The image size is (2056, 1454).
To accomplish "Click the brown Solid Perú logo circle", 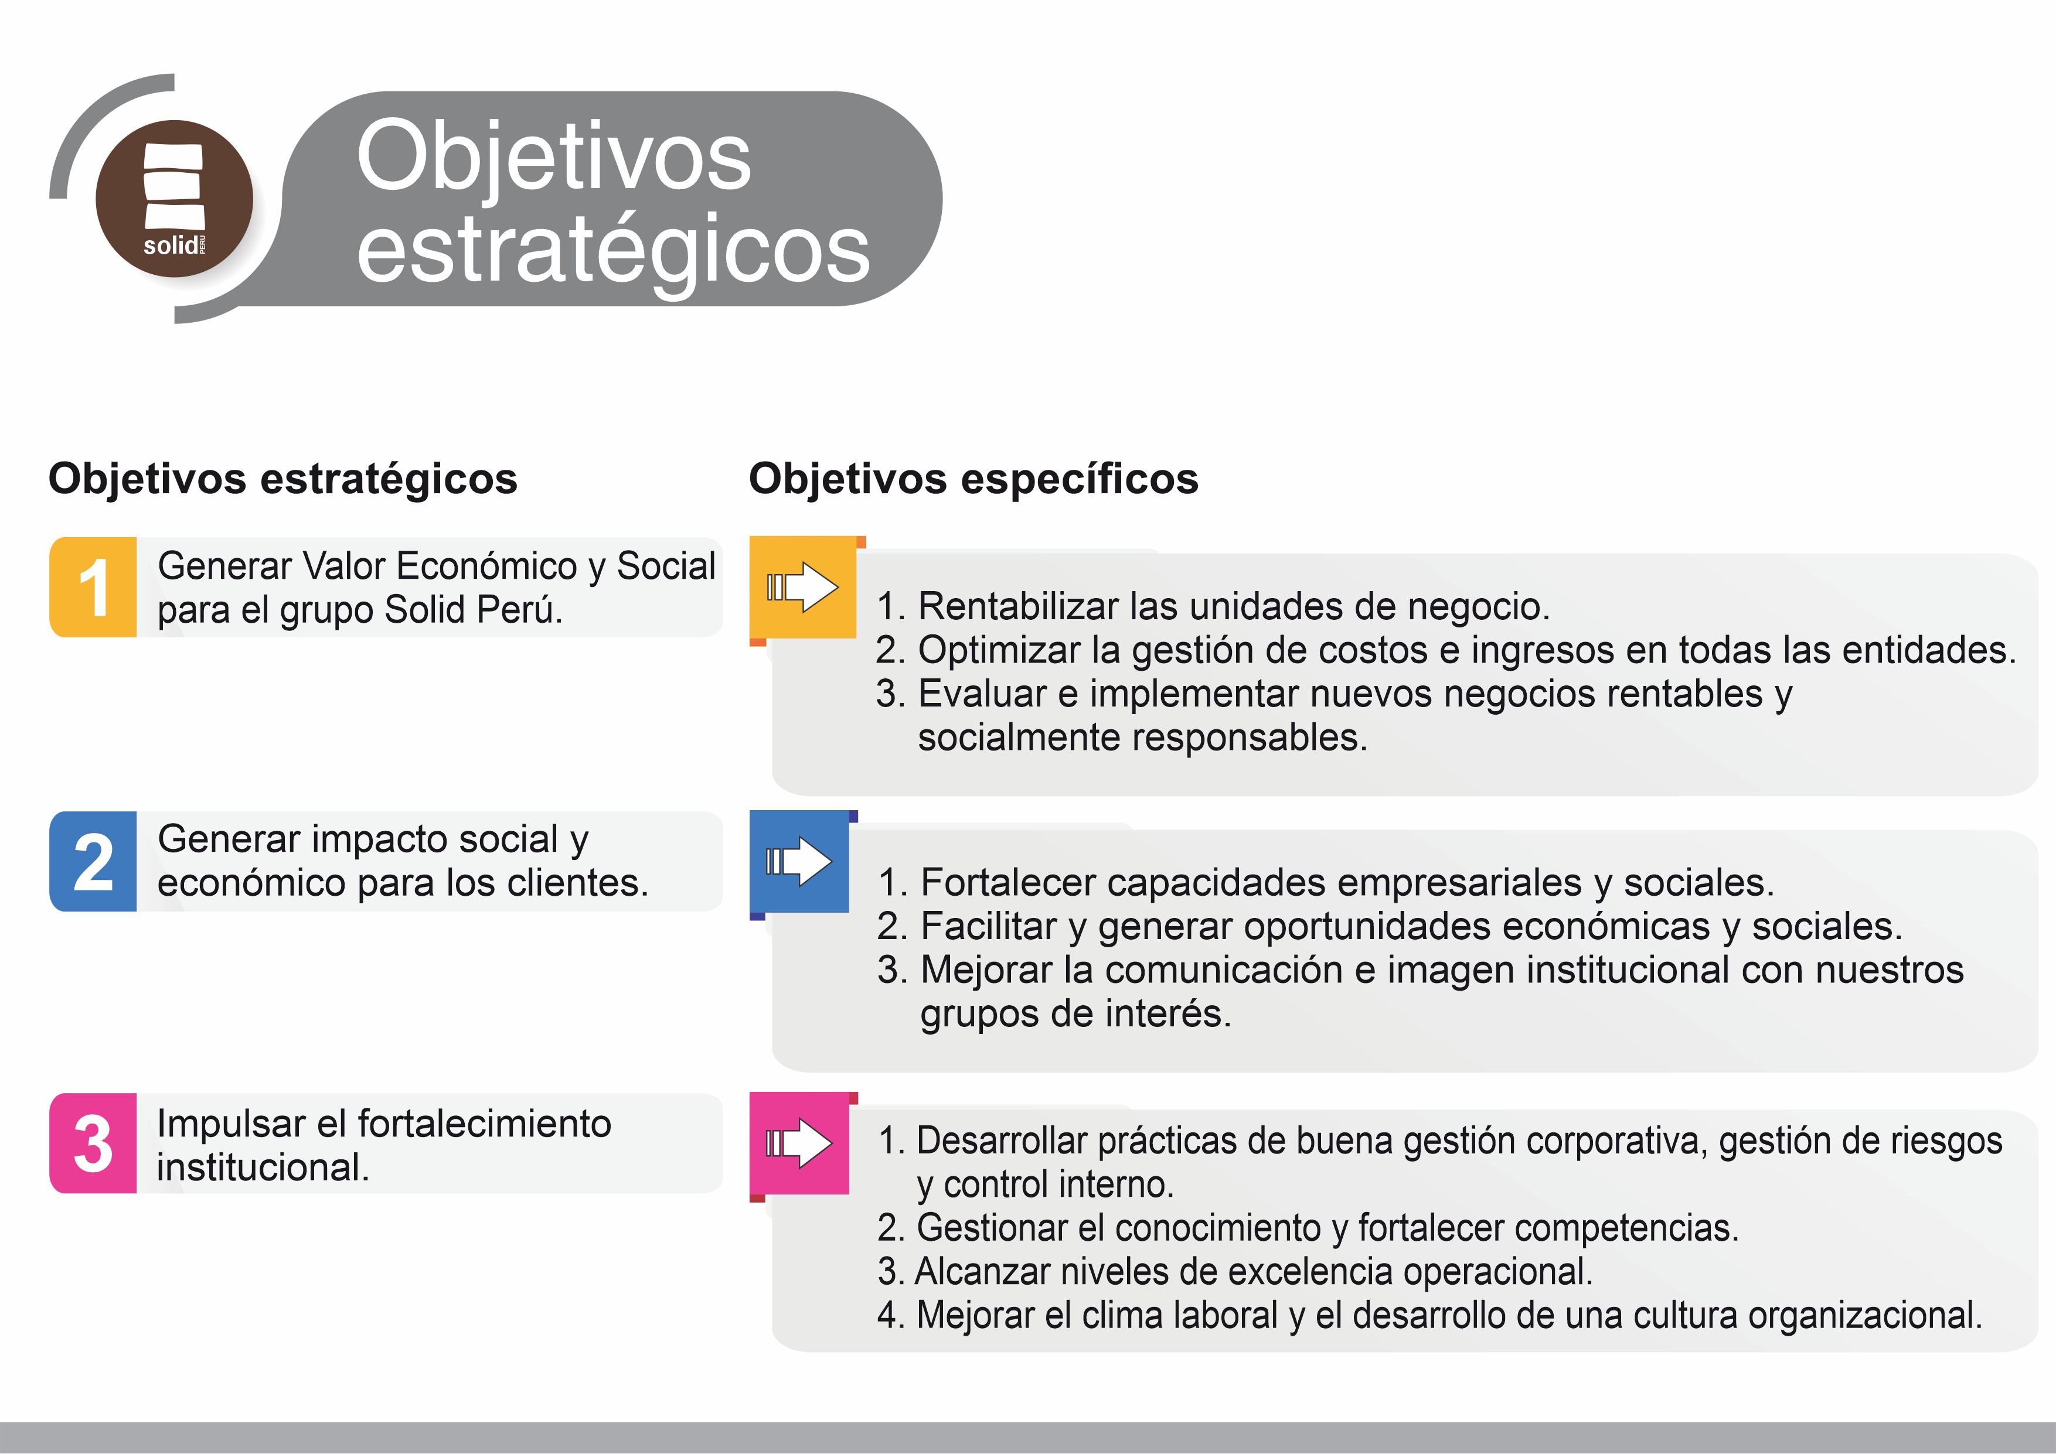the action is coord(175,198).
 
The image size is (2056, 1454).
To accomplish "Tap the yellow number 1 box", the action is coord(93,588).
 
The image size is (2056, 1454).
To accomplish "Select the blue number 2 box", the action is coord(93,861).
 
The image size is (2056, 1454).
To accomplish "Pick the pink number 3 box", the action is coord(93,1144).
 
